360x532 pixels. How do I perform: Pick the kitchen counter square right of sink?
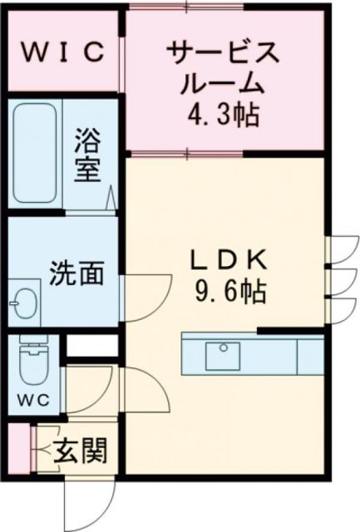coord(310,356)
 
